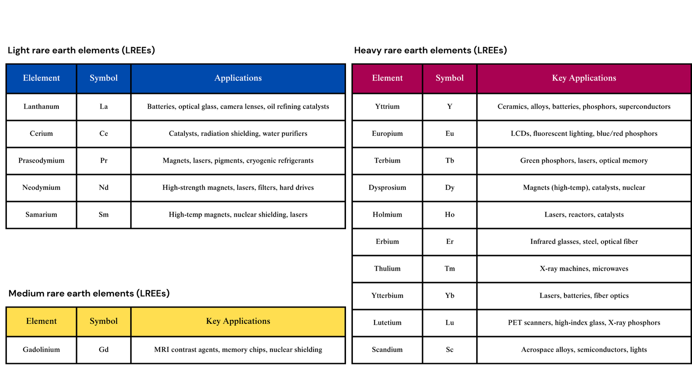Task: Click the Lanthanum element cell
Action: pyautogui.click(x=42, y=106)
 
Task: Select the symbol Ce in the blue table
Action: pyautogui.click(x=104, y=134)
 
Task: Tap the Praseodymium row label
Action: pyautogui.click(x=42, y=160)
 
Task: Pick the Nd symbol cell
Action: pyautogui.click(x=104, y=188)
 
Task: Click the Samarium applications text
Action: pyautogui.click(x=238, y=214)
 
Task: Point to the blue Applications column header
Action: pyautogui.click(x=238, y=78)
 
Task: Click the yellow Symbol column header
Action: pyautogui.click(x=104, y=321)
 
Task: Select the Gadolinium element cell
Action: pyautogui.click(x=42, y=350)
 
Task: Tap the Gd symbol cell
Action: pyautogui.click(x=104, y=350)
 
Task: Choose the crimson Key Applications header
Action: pyautogui.click(x=584, y=78)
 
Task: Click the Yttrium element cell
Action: pyautogui.click(x=388, y=106)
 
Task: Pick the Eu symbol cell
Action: pyautogui.click(x=450, y=134)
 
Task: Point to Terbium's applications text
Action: pyautogui.click(x=584, y=160)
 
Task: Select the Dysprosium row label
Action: pyautogui.click(x=388, y=188)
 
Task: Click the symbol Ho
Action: pyautogui.click(x=450, y=214)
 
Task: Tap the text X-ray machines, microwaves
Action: pyautogui.click(x=584, y=268)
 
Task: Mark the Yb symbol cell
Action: pyautogui.click(x=450, y=296)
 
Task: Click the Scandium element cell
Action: pyautogui.click(x=388, y=350)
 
